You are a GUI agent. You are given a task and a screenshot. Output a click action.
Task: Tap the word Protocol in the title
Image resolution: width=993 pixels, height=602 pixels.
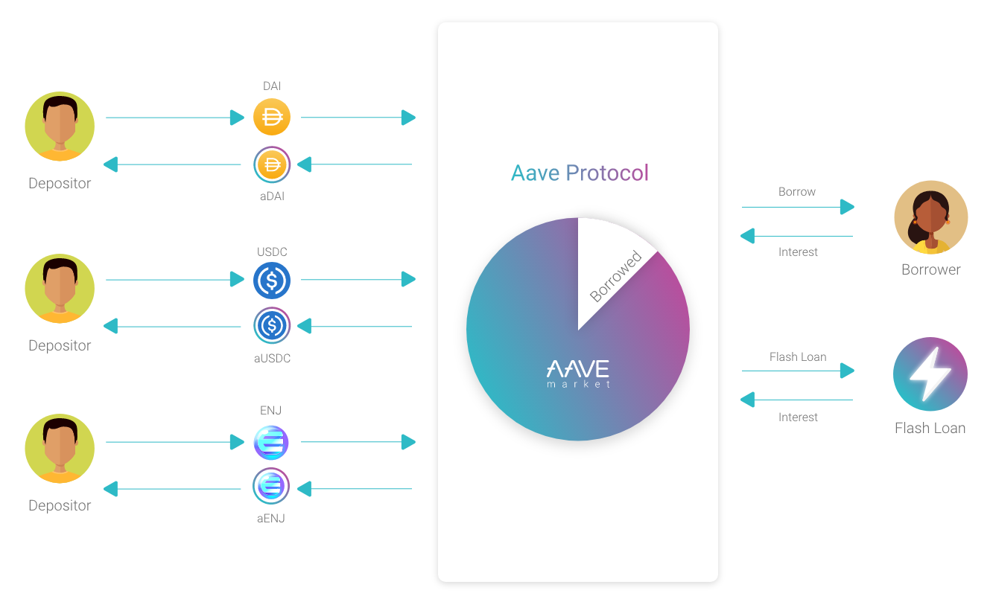607,173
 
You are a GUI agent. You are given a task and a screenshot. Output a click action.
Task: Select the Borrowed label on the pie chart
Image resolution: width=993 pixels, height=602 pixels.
616,277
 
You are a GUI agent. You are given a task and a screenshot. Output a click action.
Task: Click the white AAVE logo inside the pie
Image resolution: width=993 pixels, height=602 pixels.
578,368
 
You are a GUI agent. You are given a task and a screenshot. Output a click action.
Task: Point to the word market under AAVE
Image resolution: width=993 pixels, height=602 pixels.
578,384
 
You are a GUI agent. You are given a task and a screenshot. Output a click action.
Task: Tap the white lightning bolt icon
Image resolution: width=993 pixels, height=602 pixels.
928,373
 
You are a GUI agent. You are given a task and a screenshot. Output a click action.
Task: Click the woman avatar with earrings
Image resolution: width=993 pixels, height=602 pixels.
930,217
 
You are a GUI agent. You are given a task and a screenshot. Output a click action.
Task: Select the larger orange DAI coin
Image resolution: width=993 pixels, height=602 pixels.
271,117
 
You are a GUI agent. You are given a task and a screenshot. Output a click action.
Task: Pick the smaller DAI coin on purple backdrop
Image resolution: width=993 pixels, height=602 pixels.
273,164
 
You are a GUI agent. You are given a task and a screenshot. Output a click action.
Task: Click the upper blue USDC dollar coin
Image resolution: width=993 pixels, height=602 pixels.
271,280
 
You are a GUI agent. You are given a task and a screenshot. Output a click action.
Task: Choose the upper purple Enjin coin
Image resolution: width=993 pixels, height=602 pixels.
270,443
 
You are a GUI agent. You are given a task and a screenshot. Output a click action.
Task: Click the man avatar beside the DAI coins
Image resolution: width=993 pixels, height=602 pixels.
59,126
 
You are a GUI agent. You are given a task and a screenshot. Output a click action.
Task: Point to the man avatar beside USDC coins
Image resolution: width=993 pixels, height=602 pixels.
59,289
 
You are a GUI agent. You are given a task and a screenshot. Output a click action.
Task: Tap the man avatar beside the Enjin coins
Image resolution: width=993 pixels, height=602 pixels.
59,449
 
